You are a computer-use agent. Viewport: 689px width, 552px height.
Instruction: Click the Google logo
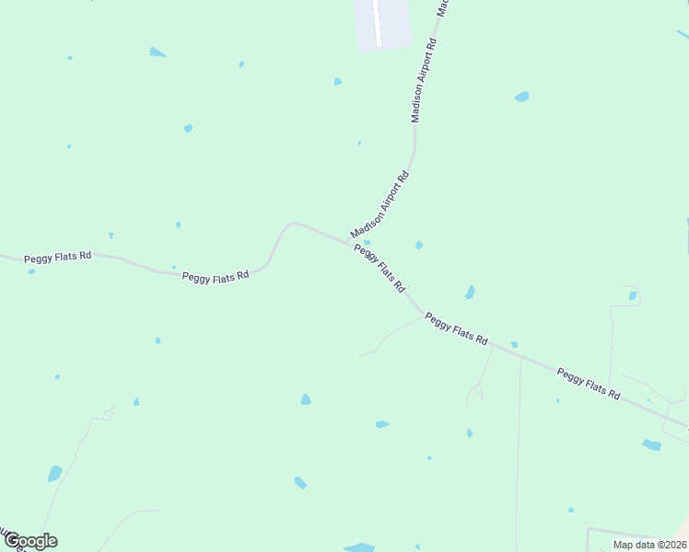30,541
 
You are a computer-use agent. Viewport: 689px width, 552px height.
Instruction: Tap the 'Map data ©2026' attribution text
648,545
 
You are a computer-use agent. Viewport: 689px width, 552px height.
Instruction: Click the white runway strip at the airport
377,22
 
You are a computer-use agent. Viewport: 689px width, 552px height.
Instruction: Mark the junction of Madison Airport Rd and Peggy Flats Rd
348,243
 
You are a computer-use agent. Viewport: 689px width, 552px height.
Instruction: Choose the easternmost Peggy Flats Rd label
589,383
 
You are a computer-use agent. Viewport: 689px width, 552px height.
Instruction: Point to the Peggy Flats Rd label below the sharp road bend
216,275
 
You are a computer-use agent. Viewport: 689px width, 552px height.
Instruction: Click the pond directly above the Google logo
55,474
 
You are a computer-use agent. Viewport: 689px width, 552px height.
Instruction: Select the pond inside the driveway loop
632,295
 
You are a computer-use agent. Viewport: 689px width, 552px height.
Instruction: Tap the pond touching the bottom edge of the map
359,547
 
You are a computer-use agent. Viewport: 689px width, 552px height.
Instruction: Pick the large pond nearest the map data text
651,444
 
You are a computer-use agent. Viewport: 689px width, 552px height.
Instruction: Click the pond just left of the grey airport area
338,82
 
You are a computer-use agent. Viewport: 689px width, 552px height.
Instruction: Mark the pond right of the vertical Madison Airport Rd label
521,96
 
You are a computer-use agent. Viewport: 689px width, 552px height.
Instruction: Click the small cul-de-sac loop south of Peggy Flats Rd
475,394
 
